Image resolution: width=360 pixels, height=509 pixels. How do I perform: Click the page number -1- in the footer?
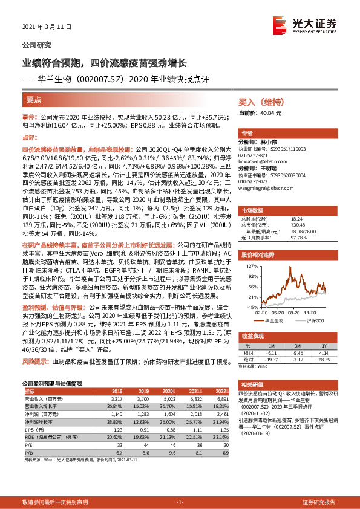180,502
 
